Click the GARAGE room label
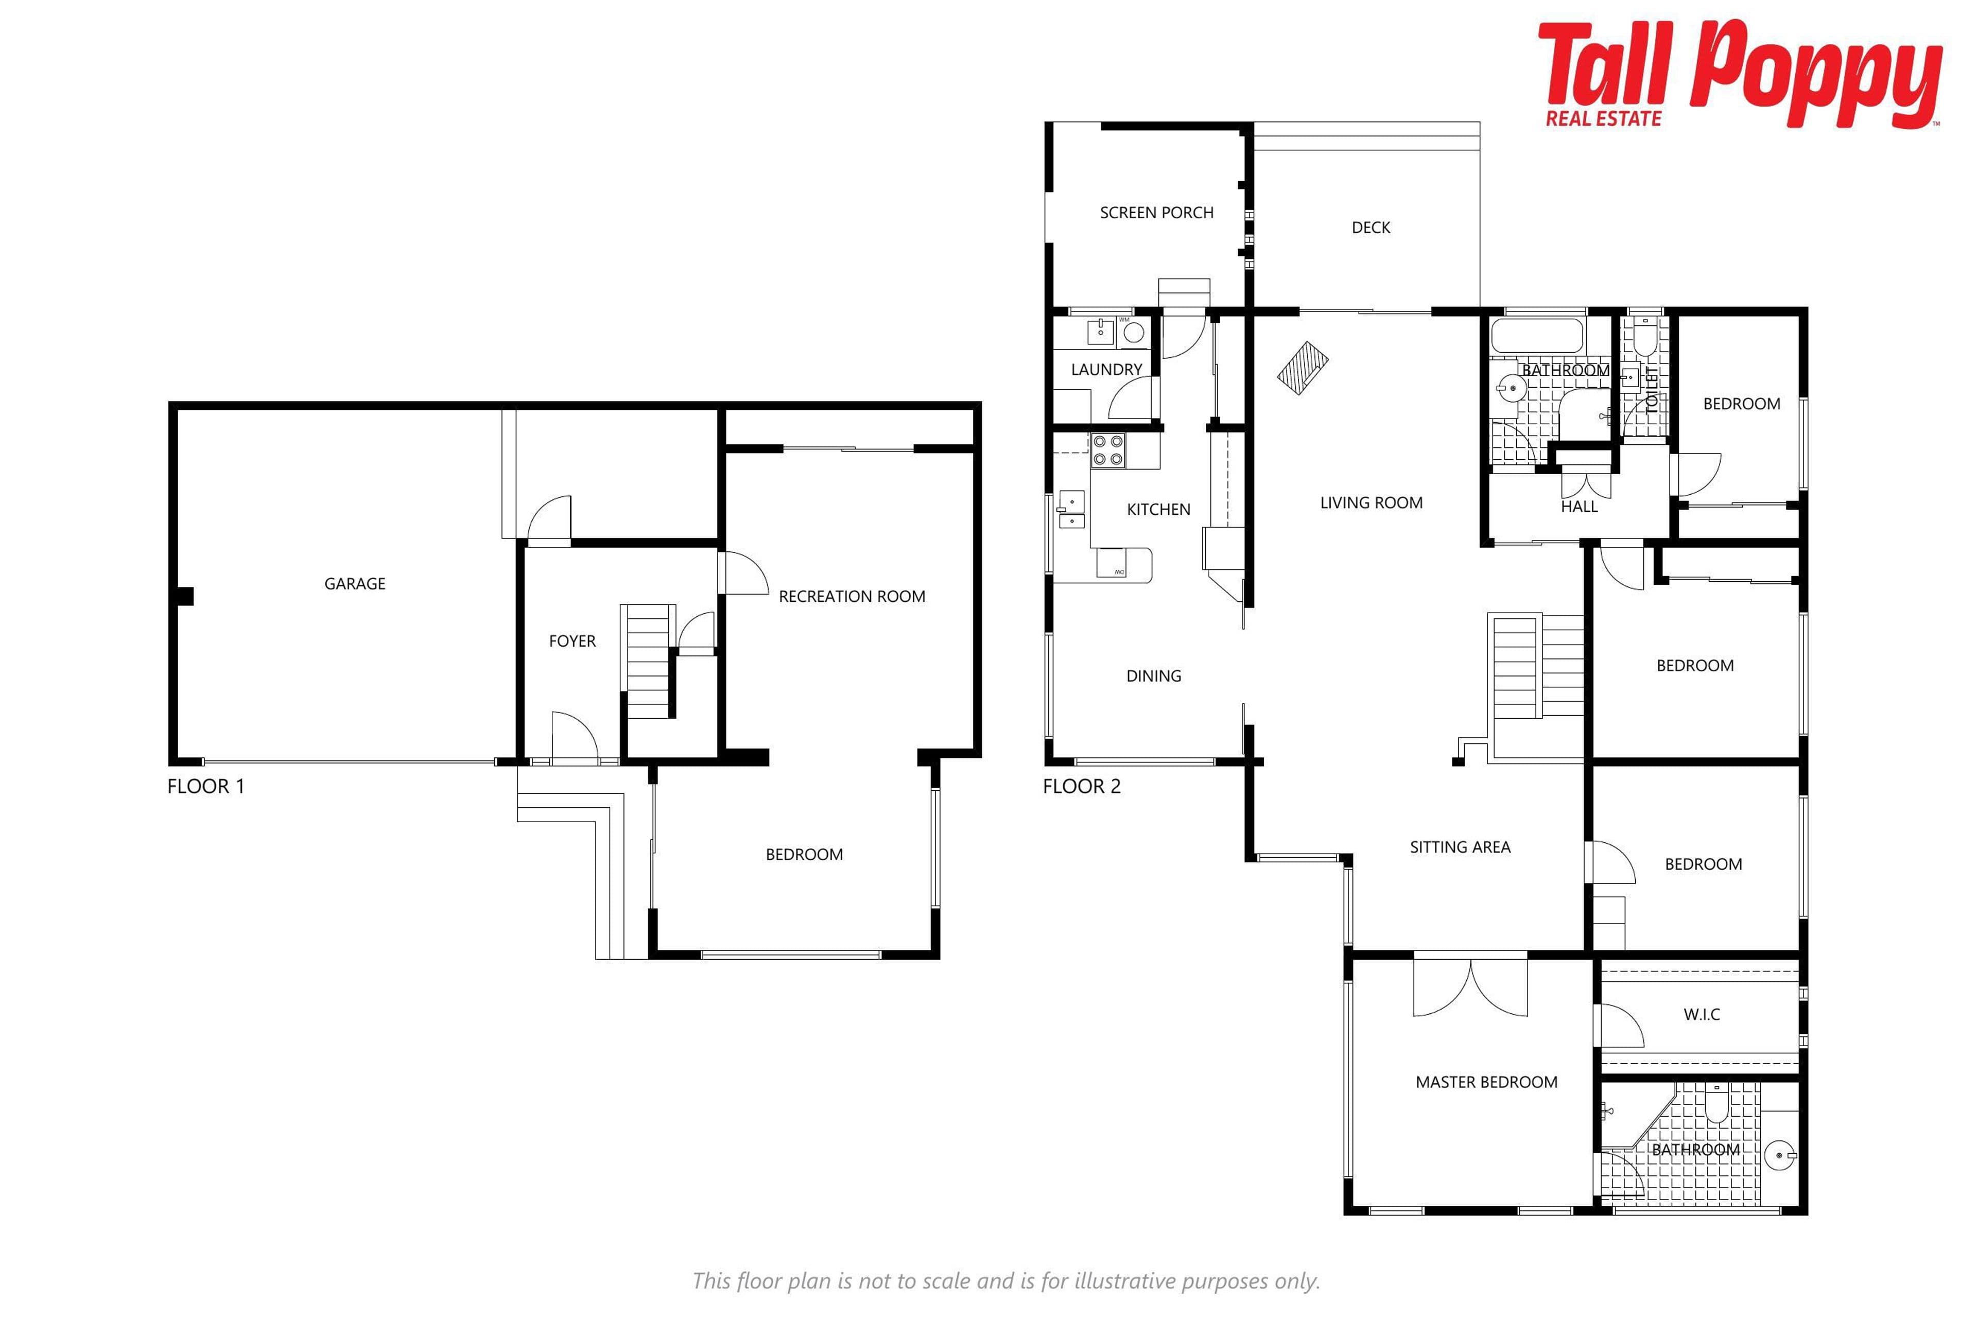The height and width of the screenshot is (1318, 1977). tap(355, 583)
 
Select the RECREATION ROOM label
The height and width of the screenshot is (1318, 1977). tap(852, 597)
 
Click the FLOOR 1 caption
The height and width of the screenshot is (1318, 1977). tap(206, 787)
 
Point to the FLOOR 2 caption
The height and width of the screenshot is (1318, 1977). tap(1082, 787)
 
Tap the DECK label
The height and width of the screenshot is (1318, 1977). tap(1371, 228)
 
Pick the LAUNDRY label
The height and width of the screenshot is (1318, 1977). tap(1106, 370)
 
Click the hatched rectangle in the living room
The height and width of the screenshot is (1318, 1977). tap(1303, 368)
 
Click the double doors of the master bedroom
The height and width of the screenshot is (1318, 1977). tap(1470, 987)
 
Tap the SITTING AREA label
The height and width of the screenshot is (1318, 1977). tap(1460, 847)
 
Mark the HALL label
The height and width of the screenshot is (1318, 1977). tap(1580, 507)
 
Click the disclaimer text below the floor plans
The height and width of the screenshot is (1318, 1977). tap(1006, 1281)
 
